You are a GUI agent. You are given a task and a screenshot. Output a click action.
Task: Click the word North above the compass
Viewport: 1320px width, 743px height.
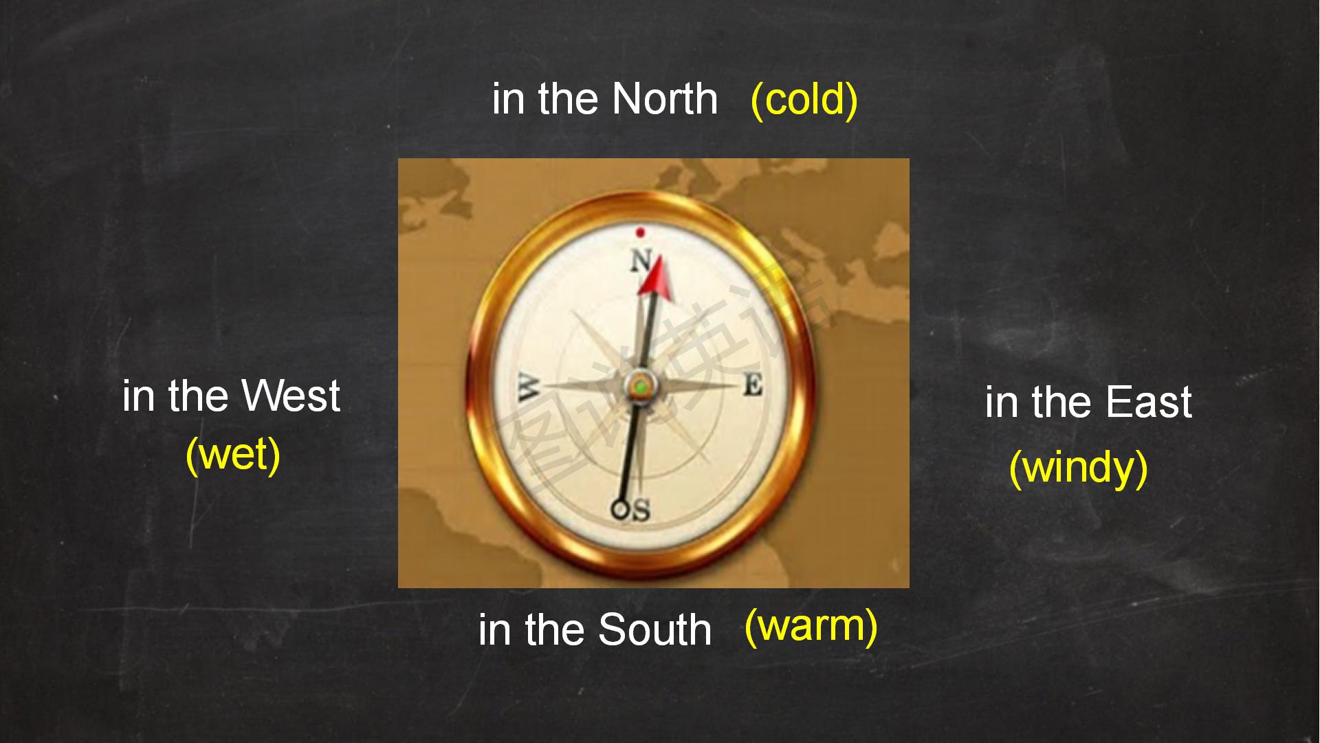(x=665, y=98)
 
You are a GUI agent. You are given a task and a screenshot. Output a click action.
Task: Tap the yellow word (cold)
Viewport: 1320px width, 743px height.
(x=804, y=100)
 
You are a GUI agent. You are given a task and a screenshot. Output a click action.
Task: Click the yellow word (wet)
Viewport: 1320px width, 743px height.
(x=233, y=455)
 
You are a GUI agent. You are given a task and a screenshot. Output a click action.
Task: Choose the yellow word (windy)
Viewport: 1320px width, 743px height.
(x=1079, y=469)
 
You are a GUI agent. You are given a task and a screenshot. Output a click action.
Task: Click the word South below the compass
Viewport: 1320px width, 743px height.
(x=654, y=629)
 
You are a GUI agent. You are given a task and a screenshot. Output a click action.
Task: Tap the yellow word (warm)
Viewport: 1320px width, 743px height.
(x=811, y=627)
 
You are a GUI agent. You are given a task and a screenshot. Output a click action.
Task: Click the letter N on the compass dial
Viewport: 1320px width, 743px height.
(x=641, y=261)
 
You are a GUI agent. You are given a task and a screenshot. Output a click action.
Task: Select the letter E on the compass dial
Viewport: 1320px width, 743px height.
(x=753, y=385)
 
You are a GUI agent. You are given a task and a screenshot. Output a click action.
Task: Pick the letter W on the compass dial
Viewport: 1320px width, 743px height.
(x=529, y=387)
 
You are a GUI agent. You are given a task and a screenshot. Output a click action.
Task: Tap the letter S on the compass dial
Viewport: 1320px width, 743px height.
(x=640, y=510)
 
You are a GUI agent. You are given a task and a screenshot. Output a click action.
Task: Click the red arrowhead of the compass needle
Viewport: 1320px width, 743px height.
(x=655, y=277)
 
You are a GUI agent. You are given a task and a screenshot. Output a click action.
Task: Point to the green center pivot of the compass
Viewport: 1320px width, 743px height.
(x=641, y=387)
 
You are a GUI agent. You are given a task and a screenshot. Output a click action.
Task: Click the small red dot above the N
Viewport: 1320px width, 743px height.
(x=640, y=233)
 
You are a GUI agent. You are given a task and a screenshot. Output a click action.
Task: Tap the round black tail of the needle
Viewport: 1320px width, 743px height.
(x=620, y=509)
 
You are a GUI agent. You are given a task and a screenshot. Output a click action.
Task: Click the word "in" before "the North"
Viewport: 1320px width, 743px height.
(x=508, y=99)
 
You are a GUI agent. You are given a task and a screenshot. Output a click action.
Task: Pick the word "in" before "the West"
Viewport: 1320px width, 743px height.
(x=137, y=396)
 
